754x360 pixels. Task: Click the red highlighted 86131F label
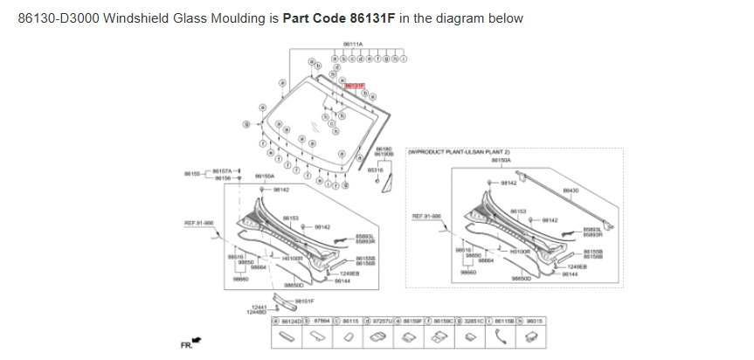click(x=355, y=86)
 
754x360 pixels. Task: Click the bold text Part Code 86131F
click(x=339, y=18)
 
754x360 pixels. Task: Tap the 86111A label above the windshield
click(x=353, y=43)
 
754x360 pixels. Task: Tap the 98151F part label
click(x=304, y=300)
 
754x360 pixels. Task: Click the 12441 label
click(x=258, y=306)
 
